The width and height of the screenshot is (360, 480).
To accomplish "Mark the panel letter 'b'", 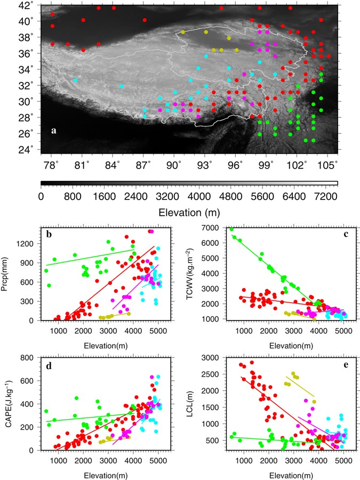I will point(49,234).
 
